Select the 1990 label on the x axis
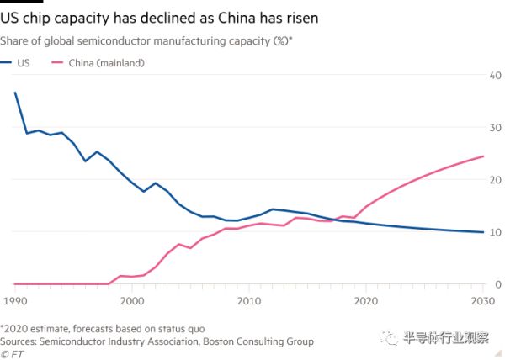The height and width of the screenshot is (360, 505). [x=13, y=300]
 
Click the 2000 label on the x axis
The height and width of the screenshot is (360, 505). [x=131, y=300]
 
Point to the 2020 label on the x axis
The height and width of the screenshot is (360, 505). [x=365, y=300]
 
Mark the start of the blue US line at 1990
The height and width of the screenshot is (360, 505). [x=14, y=93]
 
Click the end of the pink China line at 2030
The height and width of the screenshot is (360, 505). [x=482, y=156]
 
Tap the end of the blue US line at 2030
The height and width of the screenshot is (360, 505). [x=482, y=232]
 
